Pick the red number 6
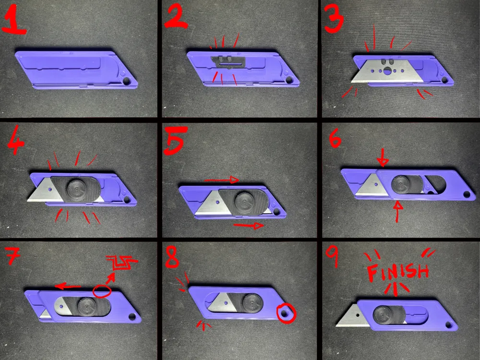tap(335, 138)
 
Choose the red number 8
tap(172, 257)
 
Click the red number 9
tap(333, 257)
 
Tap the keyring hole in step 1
tap(126, 81)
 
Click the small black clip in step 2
tap(228, 61)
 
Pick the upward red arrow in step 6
tap(397, 211)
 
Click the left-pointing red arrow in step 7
tap(68, 286)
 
